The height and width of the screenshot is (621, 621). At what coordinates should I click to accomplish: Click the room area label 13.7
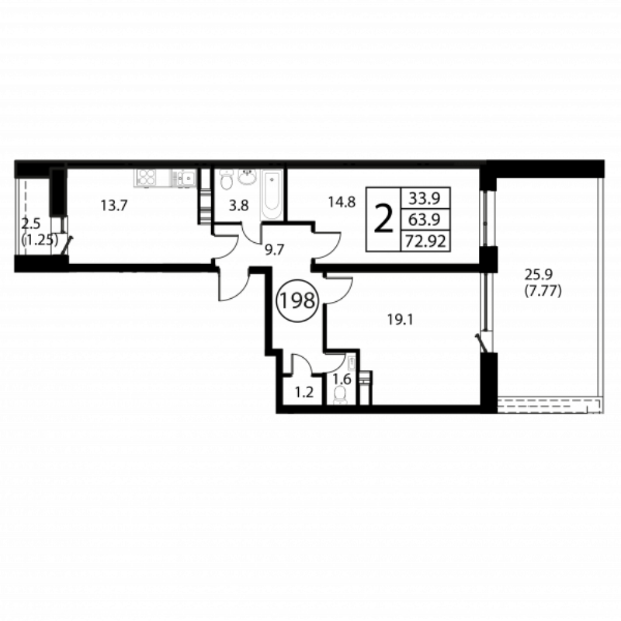tap(113, 206)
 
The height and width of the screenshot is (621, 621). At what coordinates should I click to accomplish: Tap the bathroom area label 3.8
tap(239, 206)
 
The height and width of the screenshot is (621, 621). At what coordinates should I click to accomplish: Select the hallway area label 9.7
tap(275, 250)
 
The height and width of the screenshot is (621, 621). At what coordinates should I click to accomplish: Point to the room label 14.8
tap(342, 203)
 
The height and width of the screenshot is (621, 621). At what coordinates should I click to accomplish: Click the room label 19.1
tap(400, 320)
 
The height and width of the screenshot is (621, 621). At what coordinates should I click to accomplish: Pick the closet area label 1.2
tap(304, 392)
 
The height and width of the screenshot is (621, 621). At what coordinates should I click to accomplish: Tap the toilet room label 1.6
tap(342, 380)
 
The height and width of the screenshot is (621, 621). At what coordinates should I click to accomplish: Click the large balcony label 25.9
tap(538, 274)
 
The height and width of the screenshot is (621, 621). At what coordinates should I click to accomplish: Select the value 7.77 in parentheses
tap(543, 292)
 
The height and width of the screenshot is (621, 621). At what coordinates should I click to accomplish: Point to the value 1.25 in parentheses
tap(40, 240)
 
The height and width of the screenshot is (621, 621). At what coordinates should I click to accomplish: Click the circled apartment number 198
tap(297, 300)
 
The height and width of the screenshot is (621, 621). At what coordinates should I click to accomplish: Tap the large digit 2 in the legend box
tap(383, 219)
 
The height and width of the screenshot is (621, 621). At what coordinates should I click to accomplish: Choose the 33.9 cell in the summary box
tap(425, 198)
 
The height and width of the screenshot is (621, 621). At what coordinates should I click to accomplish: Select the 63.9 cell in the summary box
tap(425, 219)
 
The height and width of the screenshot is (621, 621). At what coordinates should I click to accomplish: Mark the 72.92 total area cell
tap(425, 241)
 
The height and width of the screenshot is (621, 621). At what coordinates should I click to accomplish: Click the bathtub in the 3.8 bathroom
tap(272, 195)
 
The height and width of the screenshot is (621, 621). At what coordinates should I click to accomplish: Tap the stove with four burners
tap(147, 178)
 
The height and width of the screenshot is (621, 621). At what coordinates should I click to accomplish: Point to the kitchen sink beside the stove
tap(185, 178)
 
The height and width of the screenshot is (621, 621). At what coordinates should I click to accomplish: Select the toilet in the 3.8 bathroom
tap(227, 180)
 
